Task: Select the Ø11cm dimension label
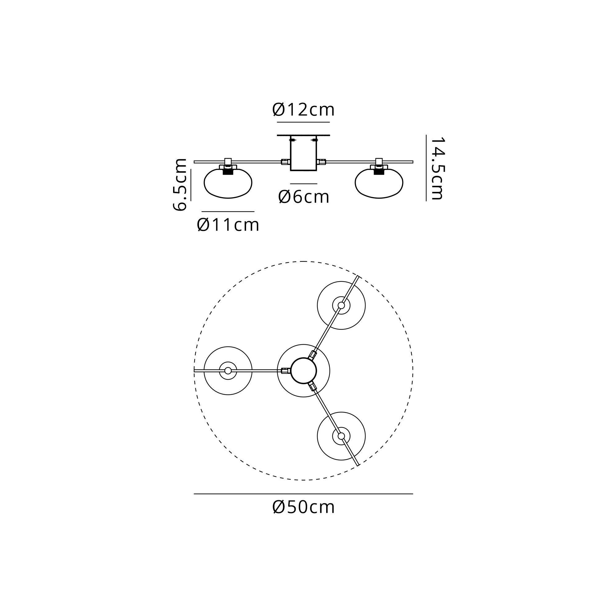coord(228,225)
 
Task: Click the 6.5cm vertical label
coord(180,184)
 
